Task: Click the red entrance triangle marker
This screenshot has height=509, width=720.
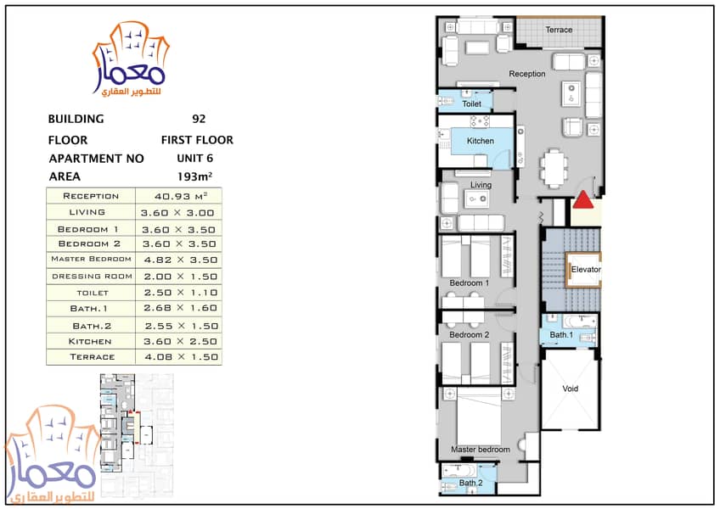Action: point(584,200)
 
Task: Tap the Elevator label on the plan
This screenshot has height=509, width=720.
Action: point(586,270)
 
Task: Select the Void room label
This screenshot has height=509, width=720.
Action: point(570,390)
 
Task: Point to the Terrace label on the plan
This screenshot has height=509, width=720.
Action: point(559,31)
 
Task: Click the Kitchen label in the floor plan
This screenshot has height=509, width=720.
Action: point(480,141)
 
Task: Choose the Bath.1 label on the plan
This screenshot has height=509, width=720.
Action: point(561,335)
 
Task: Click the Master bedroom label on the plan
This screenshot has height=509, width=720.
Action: point(481,450)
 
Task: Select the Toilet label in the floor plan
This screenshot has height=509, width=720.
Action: point(472,104)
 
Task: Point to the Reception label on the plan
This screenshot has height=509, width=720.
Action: point(527,75)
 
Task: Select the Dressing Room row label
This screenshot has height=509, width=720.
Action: point(91,276)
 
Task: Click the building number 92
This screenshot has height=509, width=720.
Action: point(199,120)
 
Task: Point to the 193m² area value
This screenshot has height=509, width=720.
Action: point(194,176)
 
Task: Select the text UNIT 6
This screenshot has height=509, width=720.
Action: point(195,159)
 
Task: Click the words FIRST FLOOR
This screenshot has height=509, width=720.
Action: point(197,140)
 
